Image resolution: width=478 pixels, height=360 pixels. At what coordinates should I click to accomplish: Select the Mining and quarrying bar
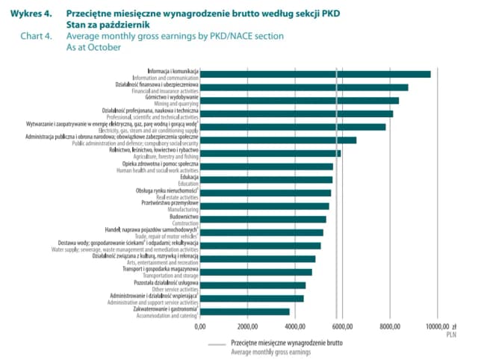click(x=299, y=100)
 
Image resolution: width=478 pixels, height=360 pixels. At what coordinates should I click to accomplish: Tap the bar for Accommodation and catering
click(x=245, y=311)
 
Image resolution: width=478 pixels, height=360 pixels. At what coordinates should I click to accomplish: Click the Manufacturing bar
click(x=264, y=206)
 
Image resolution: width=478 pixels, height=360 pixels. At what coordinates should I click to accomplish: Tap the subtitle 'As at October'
click(x=94, y=46)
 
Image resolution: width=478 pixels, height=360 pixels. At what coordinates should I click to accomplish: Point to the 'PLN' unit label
click(x=451, y=335)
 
